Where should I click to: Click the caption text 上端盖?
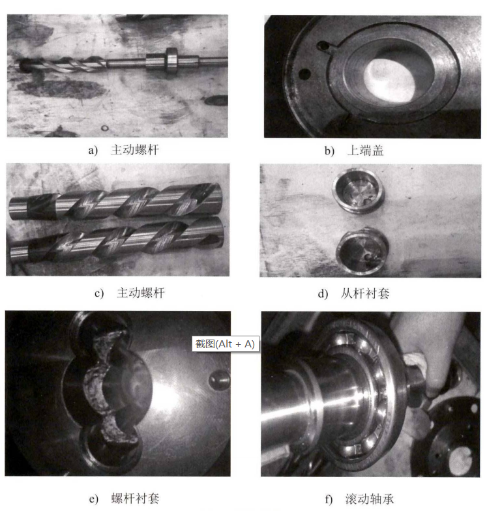click(x=365, y=151)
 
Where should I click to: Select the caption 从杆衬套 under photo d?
click(x=365, y=293)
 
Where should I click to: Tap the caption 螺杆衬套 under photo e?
click(x=136, y=498)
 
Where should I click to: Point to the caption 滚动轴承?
click(x=370, y=499)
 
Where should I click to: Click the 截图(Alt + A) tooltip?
click(x=226, y=344)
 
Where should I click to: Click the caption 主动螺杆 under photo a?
click(x=134, y=150)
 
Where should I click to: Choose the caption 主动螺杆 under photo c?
click(x=141, y=293)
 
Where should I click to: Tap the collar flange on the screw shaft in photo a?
click(x=171, y=60)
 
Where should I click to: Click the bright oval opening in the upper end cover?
click(x=391, y=79)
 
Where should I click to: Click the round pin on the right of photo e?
click(x=219, y=380)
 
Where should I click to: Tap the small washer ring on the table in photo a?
click(x=104, y=128)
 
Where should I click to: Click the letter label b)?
click(x=329, y=151)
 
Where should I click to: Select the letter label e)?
click(x=94, y=499)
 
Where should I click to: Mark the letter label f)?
click(x=329, y=499)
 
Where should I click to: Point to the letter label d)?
click(x=323, y=293)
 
